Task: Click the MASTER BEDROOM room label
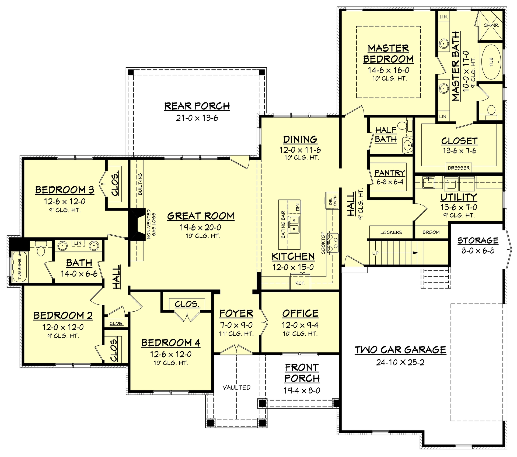pyautogui.click(x=388, y=54)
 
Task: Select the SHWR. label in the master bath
pyautogui.click(x=491, y=25)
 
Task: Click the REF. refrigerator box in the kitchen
pyautogui.click(x=300, y=283)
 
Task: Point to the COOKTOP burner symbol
pyautogui.click(x=333, y=243)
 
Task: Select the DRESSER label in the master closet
pyautogui.click(x=459, y=168)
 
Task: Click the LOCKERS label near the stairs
pyautogui.click(x=391, y=232)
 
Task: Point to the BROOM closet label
pyautogui.click(x=431, y=232)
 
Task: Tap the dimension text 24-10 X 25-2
pyautogui.click(x=400, y=362)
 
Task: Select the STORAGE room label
pyautogui.click(x=478, y=240)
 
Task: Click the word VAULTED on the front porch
pyautogui.click(x=236, y=387)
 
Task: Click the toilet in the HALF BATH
pyautogui.click(x=402, y=125)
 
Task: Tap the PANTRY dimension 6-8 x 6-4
pyautogui.click(x=390, y=182)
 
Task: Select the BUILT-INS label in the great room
pyautogui.click(x=140, y=184)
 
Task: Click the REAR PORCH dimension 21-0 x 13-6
pyautogui.click(x=197, y=118)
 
